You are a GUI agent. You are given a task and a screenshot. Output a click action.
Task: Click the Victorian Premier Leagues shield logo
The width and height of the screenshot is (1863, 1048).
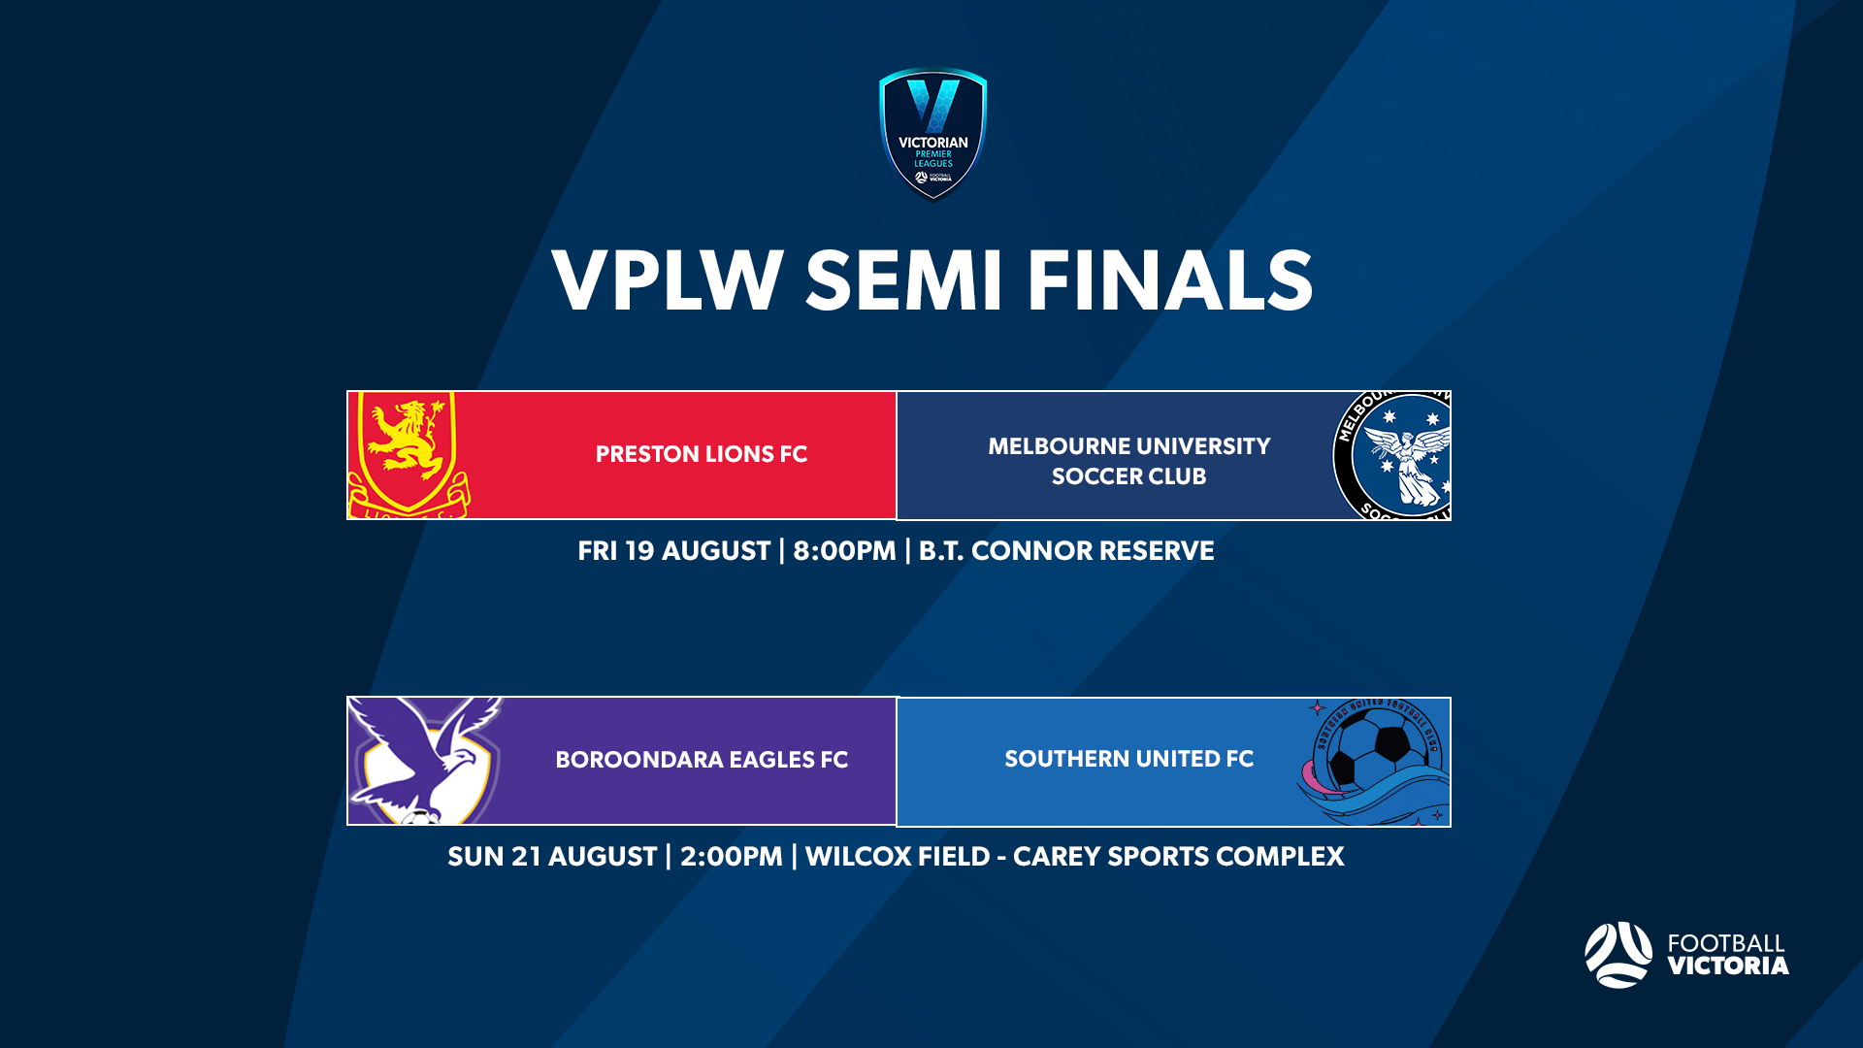pyautogui.click(x=932, y=134)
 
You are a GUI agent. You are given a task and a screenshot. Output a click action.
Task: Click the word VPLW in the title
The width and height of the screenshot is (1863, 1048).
pyautogui.click(x=668, y=281)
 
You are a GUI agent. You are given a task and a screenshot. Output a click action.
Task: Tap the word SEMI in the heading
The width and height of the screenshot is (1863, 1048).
pyautogui.click(x=903, y=281)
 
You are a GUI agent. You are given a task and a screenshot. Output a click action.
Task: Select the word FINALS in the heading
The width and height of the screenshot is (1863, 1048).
pyautogui.click(x=1170, y=281)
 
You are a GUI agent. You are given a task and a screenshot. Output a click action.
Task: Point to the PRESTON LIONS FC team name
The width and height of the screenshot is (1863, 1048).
pyautogui.click(x=701, y=454)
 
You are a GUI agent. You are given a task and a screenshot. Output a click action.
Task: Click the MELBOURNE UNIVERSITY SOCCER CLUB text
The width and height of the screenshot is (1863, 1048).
pyautogui.click(x=1128, y=461)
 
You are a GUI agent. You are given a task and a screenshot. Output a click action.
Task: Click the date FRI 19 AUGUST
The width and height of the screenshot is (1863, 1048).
pyautogui.click(x=673, y=551)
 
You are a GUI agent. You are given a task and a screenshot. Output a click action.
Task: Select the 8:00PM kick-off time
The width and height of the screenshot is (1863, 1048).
pyautogui.click(x=844, y=551)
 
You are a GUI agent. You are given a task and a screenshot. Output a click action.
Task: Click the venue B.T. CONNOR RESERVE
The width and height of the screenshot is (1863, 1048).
pyautogui.click(x=1065, y=551)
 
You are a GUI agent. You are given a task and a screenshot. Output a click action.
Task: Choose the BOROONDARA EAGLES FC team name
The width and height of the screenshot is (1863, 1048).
pyautogui.click(x=701, y=760)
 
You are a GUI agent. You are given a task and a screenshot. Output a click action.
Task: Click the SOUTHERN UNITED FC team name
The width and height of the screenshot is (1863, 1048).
pyautogui.click(x=1128, y=759)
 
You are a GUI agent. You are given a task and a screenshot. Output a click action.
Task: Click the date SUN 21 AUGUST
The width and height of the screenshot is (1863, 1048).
pyautogui.click(x=551, y=857)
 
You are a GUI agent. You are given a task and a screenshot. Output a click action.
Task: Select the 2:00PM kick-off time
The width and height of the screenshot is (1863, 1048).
pyautogui.click(x=731, y=857)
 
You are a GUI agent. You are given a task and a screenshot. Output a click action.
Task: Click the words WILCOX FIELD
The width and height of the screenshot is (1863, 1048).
pyautogui.click(x=898, y=857)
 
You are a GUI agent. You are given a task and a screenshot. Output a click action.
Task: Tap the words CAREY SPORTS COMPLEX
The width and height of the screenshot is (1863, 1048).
pyautogui.click(x=1178, y=857)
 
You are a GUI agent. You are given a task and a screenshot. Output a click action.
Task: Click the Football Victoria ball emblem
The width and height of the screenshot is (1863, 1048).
pyautogui.click(x=1618, y=955)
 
